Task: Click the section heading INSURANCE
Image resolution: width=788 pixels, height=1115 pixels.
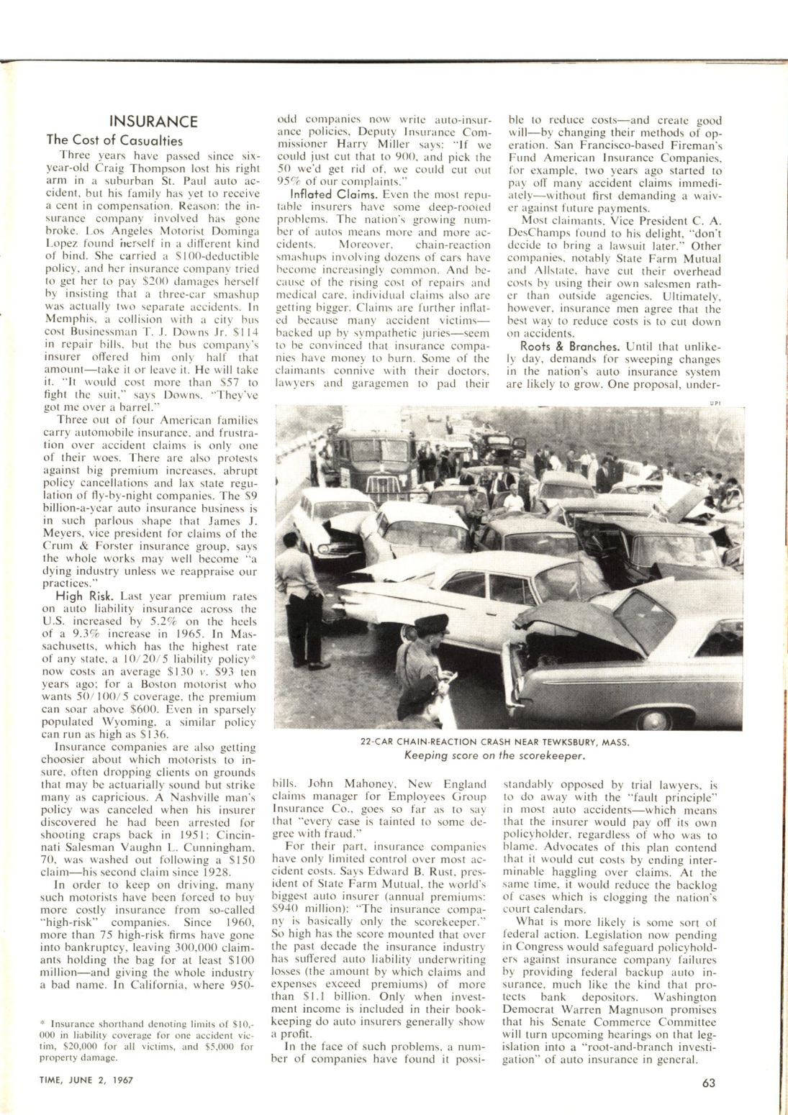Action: tap(153, 121)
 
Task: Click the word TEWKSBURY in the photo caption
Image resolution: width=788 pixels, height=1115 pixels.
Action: tap(551, 742)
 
